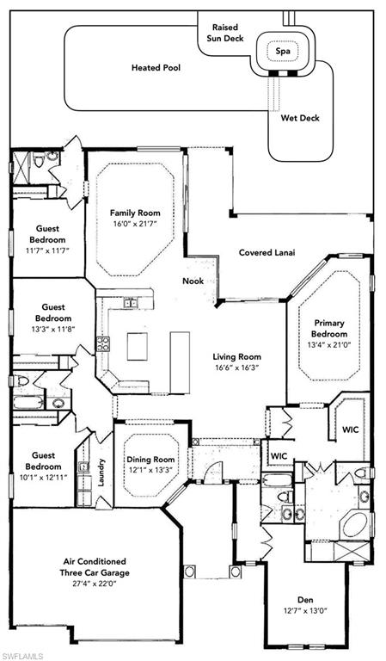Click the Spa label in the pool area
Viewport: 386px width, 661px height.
[x=283, y=52]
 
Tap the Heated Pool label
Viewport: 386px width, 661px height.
[x=156, y=67]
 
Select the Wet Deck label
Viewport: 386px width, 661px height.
[x=300, y=118]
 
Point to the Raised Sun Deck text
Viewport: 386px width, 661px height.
[x=228, y=33]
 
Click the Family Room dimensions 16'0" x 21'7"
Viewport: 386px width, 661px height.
[x=135, y=224]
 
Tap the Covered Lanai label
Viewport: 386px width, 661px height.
[x=267, y=253]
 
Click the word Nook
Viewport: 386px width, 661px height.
[x=193, y=281]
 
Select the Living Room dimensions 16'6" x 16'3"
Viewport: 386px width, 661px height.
[x=236, y=368]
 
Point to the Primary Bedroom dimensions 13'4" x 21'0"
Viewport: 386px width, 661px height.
[x=329, y=344]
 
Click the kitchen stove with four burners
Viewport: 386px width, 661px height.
[x=103, y=343]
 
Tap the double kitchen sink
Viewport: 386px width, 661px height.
[x=130, y=302]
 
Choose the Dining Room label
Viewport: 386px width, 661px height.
[x=151, y=460]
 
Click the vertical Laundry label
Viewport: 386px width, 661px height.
[x=101, y=473]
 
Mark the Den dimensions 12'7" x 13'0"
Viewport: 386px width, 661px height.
[x=305, y=610]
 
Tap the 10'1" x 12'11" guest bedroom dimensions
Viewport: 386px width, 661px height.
[x=43, y=478]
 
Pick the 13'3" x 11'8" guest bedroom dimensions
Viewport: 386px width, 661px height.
[x=53, y=330]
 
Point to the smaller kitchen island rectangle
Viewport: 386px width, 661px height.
[x=138, y=347]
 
